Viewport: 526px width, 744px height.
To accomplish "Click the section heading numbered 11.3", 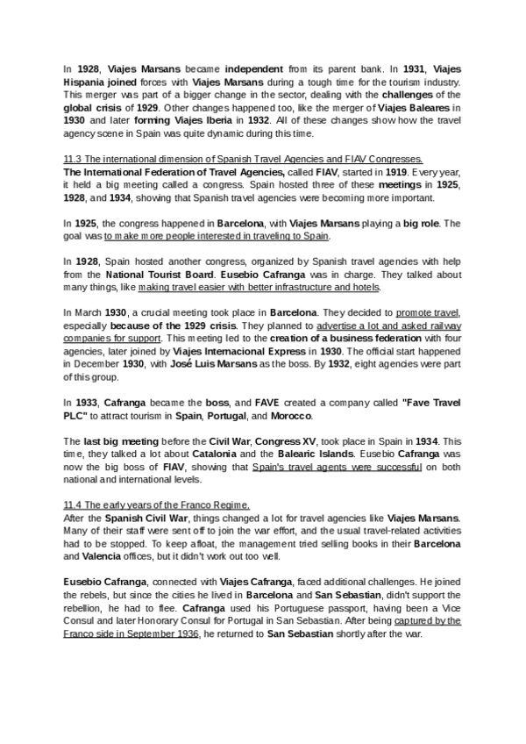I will pos(244,159).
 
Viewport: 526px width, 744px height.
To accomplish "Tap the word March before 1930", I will pos(90,313).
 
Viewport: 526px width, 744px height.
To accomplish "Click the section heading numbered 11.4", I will pos(157,505).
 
